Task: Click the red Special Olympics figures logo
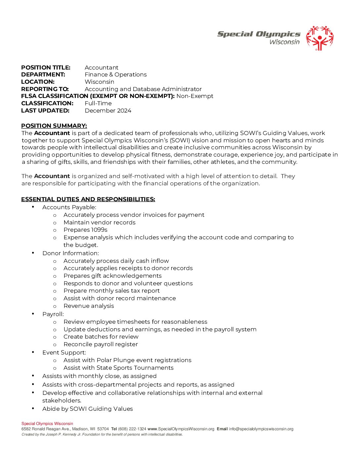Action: click(x=320, y=38)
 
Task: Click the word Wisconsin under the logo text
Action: click(x=284, y=42)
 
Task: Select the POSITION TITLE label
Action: click(x=46, y=68)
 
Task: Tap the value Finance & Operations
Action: click(x=115, y=74)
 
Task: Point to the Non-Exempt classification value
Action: click(x=195, y=96)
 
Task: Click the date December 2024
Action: click(x=108, y=111)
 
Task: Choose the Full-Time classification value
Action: click(x=98, y=103)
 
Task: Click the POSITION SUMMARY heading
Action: click(x=54, y=126)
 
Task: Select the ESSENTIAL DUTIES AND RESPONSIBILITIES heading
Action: click(x=88, y=199)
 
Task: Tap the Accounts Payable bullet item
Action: click(x=69, y=207)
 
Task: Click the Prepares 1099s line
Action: click(x=85, y=230)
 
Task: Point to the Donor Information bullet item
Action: click(x=70, y=253)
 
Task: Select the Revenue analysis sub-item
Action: click(x=89, y=306)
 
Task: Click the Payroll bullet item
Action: click(x=53, y=314)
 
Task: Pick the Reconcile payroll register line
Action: click(x=101, y=344)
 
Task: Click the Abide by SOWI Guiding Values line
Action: click(x=87, y=409)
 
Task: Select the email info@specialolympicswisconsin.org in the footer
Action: click(x=261, y=429)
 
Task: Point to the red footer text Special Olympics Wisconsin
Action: click(x=47, y=424)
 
